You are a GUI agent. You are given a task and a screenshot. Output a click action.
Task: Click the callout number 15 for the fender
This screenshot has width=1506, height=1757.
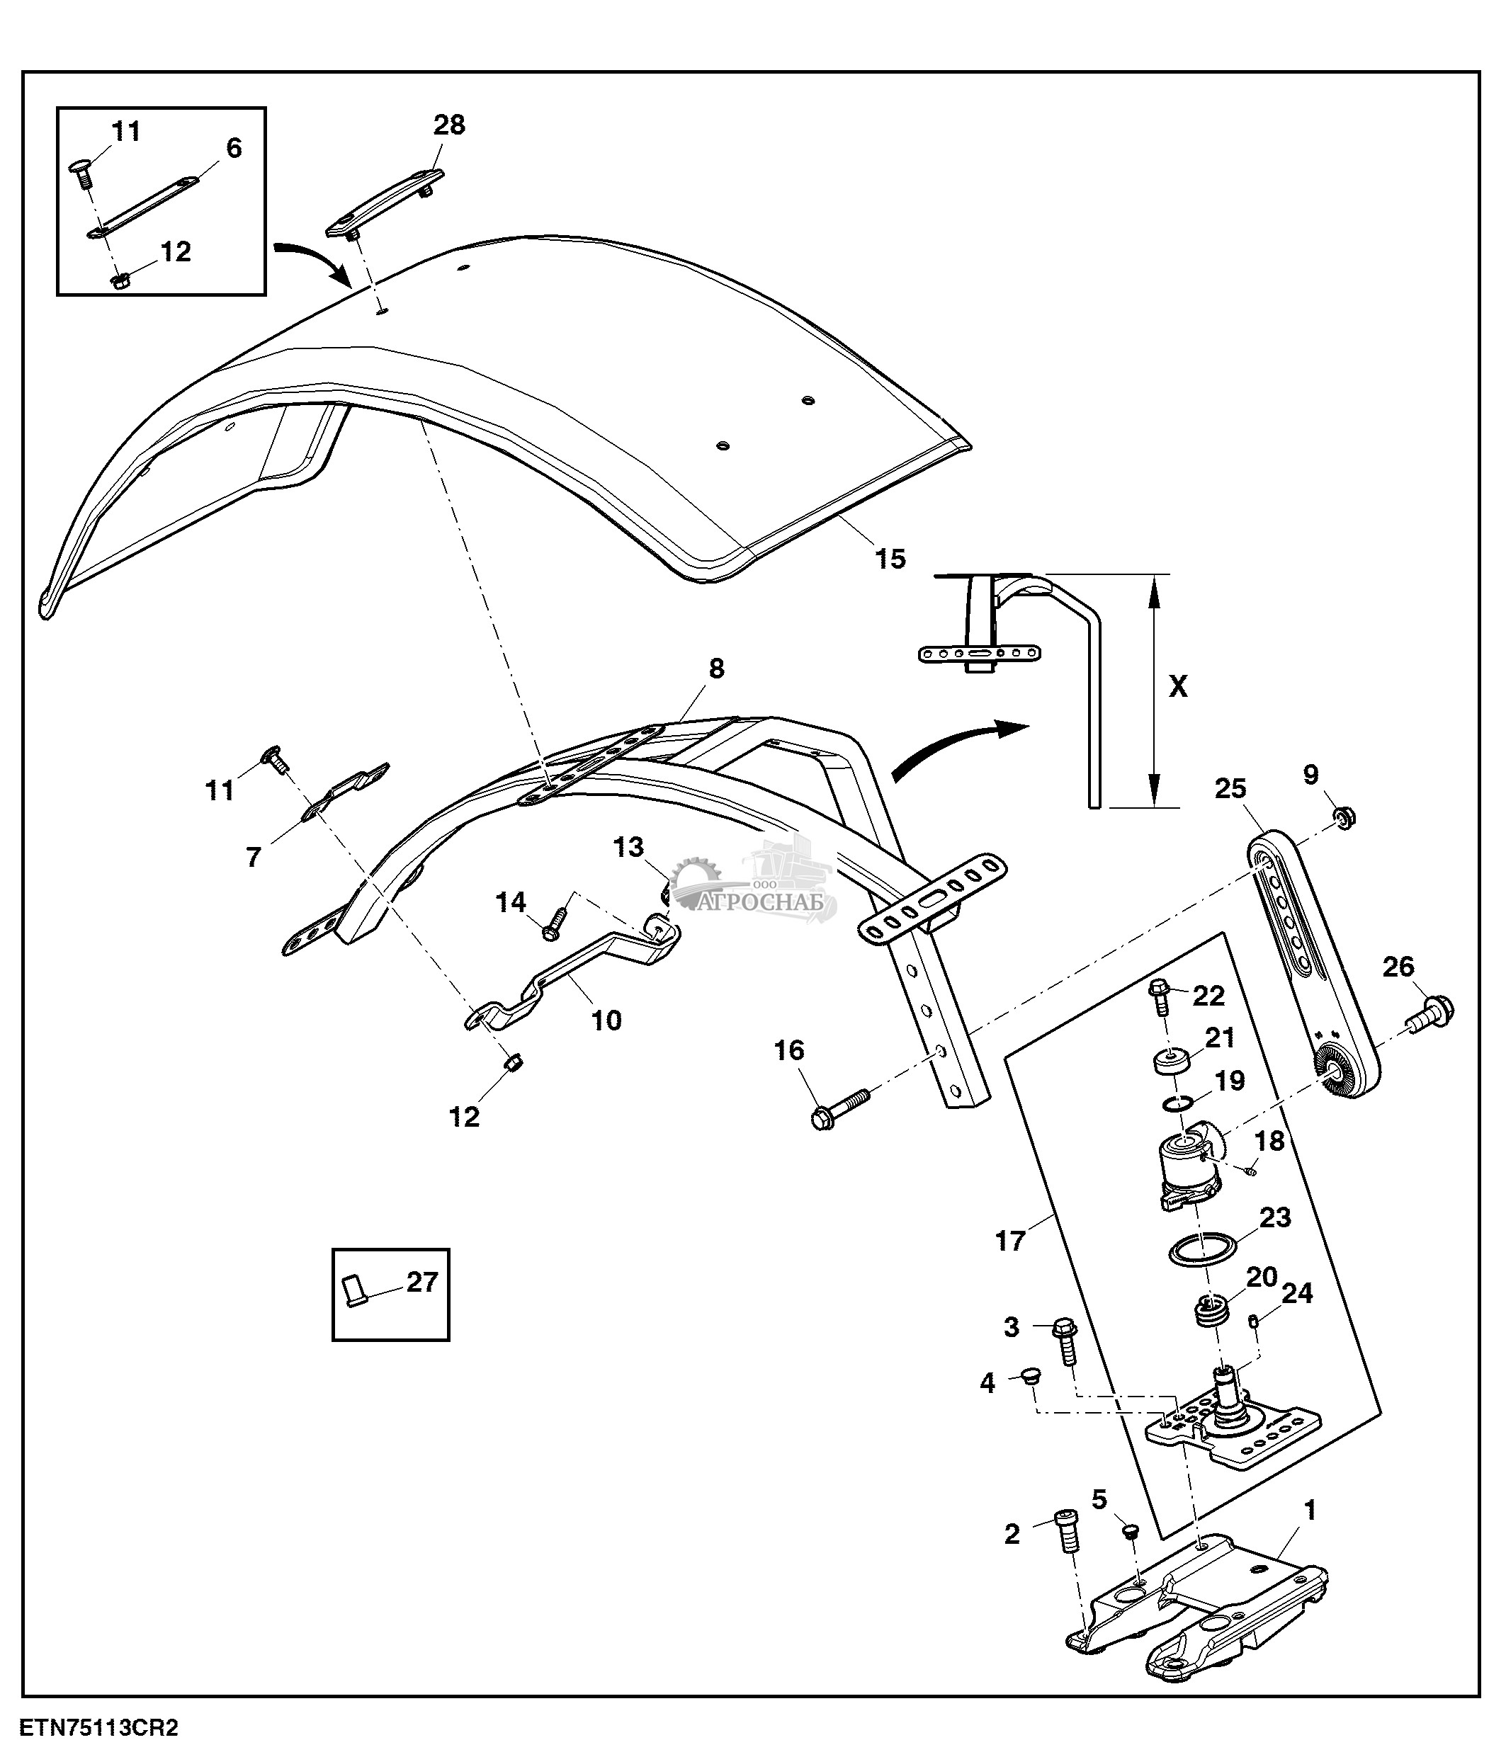[x=890, y=559]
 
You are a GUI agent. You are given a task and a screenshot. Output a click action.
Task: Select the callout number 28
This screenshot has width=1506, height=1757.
[x=448, y=125]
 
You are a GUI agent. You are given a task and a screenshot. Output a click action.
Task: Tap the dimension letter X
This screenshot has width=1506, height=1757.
[x=1178, y=686]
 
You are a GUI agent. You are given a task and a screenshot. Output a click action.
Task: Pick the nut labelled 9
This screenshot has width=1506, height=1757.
[x=1344, y=817]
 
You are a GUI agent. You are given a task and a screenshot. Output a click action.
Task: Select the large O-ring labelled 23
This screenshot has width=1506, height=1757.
[x=1201, y=1249]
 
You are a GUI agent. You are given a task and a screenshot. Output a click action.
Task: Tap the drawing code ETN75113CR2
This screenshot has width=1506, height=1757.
[x=100, y=1728]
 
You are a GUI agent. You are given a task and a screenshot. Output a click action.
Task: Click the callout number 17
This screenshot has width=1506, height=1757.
[x=1010, y=1241]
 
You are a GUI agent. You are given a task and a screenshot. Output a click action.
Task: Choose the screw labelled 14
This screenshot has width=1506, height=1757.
[x=555, y=923]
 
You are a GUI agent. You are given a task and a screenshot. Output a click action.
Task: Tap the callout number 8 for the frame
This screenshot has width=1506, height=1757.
[x=717, y=669]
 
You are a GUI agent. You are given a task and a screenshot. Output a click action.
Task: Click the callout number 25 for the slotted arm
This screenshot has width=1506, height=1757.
[x=1230, y=789]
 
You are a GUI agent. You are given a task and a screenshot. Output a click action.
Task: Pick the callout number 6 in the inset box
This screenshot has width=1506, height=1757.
[x=234, y=149]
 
